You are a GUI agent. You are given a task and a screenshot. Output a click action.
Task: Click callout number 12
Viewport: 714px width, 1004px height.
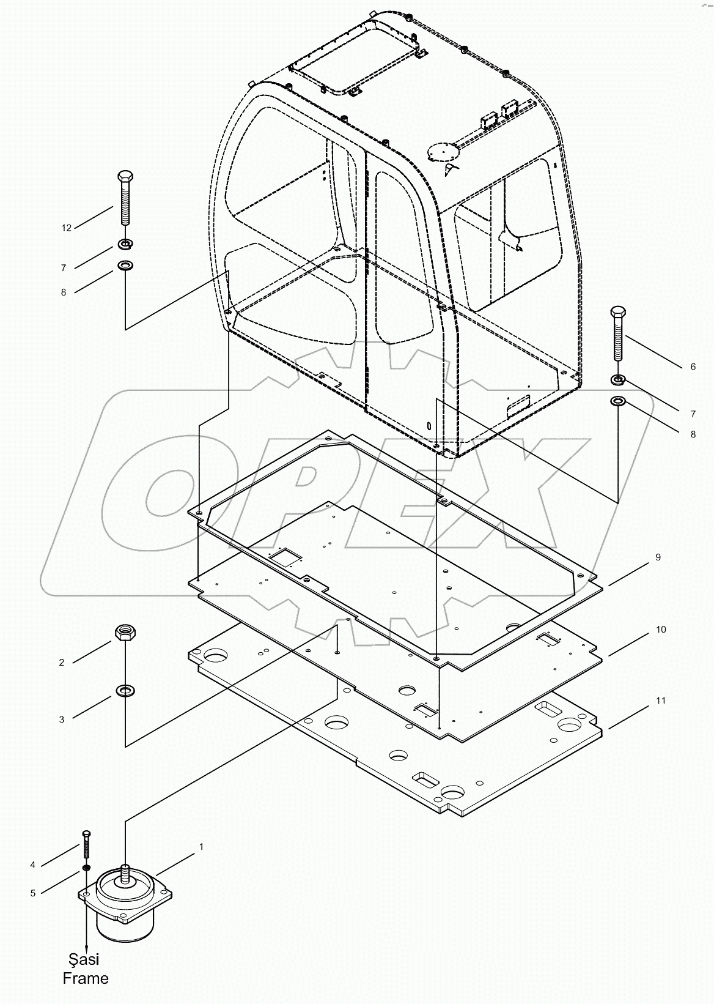click(x=67, y=228)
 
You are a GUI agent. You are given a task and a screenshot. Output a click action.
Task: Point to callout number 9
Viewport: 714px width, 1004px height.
click(x=658, y=557)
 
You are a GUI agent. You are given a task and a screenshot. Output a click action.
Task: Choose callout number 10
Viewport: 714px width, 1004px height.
click(x=661, y=630)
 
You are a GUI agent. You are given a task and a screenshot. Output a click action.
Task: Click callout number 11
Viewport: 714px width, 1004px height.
click(x=661, y=701)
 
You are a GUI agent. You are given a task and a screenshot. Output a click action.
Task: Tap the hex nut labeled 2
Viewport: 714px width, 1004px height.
click(x=125, y=632)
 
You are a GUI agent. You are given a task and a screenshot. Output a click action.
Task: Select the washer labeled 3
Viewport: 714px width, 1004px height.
click(x=125, y=691)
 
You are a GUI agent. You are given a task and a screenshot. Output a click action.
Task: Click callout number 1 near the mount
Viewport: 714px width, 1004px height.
click(x=201, y=847)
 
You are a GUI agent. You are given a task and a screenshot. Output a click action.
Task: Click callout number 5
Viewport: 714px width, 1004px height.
click(x=33, y=893)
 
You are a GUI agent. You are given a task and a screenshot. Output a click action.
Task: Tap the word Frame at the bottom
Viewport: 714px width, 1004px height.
click(x=86, y=978)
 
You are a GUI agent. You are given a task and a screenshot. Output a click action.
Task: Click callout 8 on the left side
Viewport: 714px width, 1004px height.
click(x=63, y=292)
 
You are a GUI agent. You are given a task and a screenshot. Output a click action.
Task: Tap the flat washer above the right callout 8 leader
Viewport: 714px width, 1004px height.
click(x=618, y=401)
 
